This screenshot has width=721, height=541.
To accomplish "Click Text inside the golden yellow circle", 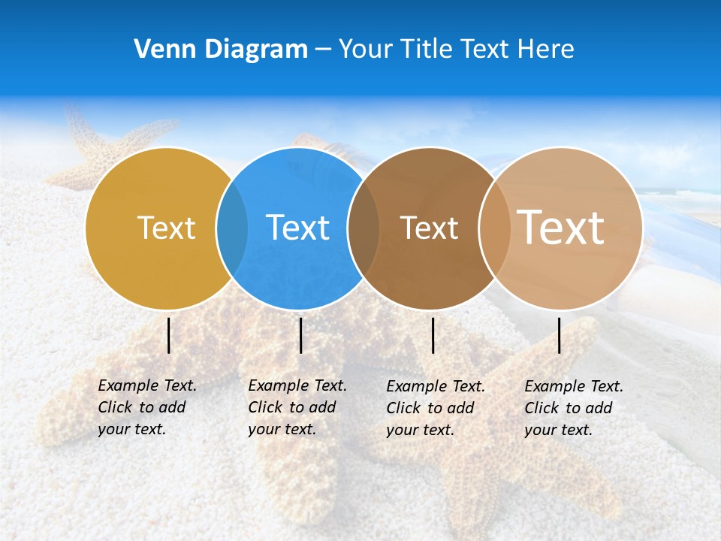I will [x=166, y=228].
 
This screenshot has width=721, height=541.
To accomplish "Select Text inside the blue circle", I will [x=297, y=228].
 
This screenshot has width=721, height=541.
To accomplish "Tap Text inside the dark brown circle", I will [x=429, y=228].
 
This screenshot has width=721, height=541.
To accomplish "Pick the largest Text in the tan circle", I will [x=561, y=227].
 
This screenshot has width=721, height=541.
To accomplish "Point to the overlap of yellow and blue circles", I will [x=232, y=228].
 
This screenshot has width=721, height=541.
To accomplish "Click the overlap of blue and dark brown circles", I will [x=364, y=228].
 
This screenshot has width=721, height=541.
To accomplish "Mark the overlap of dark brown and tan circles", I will [x=494, y=228].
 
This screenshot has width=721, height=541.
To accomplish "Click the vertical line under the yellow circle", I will [x=169, y=335].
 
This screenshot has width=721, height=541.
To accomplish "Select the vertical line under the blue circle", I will [x=300, y=335].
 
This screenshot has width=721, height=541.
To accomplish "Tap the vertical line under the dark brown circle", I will [x=433, y=335].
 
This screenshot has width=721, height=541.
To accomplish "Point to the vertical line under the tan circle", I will [x=560, y=335].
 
